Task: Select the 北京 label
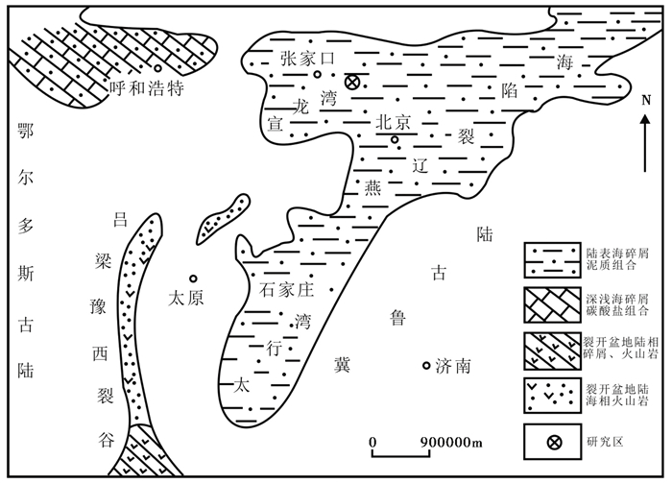point(394,122)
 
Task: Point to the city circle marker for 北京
point(394,140)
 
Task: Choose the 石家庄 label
point(289,287)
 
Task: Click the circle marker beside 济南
point(427,365)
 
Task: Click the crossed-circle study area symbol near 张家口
point(352,83)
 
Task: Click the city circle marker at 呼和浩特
point(156,68)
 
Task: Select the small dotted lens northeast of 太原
point(223,217)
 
